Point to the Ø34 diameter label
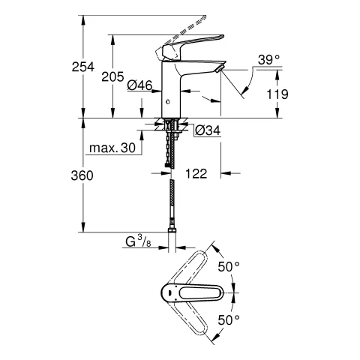pyautogui.click(x=207, y=130)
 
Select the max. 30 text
pyautogui.click(x=112, y=148)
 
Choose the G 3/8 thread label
pyautogui.click(x=139, y=242)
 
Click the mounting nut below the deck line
pyautogui.click(x=172, y=124)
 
